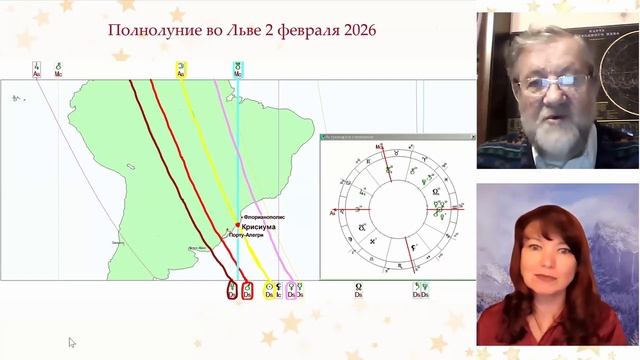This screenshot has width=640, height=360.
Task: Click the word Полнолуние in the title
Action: coord(147,31)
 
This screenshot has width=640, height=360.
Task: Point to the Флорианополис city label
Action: coord(264,216)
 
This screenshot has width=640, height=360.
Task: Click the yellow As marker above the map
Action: coord(181,70)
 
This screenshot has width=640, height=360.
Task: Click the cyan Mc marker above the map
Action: coord(237,70)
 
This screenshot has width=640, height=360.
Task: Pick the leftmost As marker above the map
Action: coord(36,70)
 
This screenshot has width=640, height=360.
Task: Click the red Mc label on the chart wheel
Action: coord(379,147)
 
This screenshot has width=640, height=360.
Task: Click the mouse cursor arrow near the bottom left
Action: coord(72,342)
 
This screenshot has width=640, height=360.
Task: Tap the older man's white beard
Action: coord(553,131)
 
